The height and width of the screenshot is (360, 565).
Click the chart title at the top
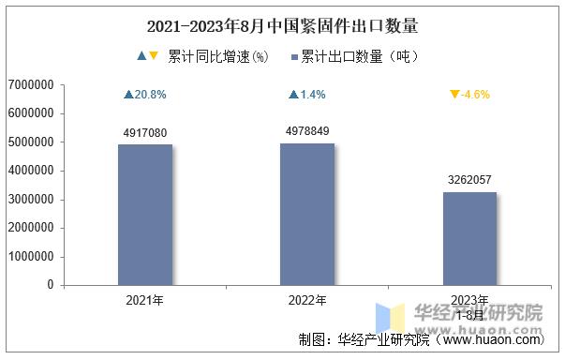coord(282,25)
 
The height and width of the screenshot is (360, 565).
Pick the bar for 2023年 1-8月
coord(469,238)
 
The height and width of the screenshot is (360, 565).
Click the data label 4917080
coord(144,133)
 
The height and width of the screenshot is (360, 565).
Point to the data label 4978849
coord(307,131)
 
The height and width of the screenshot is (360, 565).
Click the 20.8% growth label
coord(150,95)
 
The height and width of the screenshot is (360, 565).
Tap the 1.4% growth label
coord(312,95)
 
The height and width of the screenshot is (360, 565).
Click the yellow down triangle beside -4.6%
coord(454,95)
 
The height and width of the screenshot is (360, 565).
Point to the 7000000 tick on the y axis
coord(30,85)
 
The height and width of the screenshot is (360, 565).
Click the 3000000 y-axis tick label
coord(30,200)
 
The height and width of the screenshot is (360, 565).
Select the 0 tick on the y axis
coord(51,285)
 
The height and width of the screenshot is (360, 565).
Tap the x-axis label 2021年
coord(144,301)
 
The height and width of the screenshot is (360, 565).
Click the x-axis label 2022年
coord(307,301)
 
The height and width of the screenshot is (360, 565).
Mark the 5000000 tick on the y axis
coord(30,142)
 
